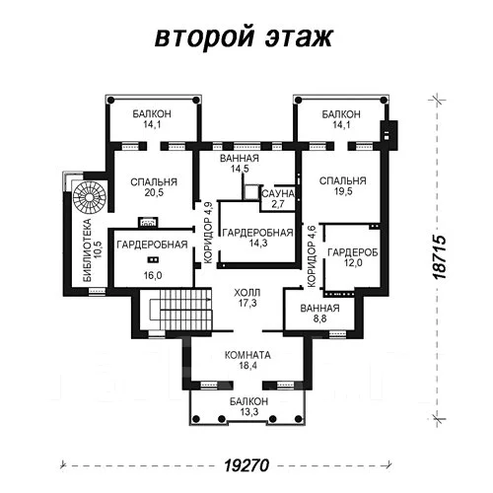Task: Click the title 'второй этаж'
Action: (x=244, y=36)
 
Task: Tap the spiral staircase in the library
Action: (x=90, y=197)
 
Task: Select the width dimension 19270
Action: (x=246, y=465)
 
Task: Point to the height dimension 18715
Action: (x=440, y=257)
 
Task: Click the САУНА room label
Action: (x=278, y=193)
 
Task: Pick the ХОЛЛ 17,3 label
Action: (x=247, y=298)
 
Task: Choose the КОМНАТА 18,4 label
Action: (x=247, y=360)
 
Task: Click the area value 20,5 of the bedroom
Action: (x=154, y=192)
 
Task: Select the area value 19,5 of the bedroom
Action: (x=343, y=191)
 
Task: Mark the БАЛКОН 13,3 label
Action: (x=248, y=406)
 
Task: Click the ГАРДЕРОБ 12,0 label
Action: (x=353, y=257)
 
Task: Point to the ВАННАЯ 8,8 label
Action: (x=319, y=314)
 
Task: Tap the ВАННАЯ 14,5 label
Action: (x=240, y=164)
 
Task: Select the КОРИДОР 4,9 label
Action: (x=208, y=233)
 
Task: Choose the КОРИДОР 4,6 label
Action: (x=311, y=256)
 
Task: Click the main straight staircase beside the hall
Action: (x=180, y=309)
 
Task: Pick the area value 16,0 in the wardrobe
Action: (x=153, y=275)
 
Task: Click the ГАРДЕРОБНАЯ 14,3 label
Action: (x=257, y=238)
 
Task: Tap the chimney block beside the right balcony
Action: (x=388, y=135)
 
